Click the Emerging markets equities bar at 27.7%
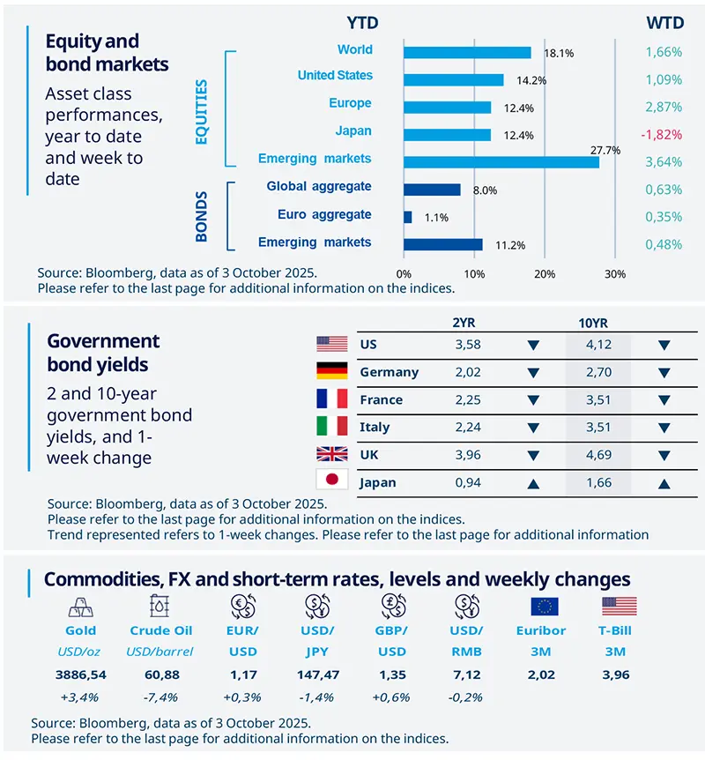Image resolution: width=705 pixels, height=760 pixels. pyautogui.click(x=501, y=162)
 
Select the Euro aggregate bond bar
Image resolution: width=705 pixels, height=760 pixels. pyautogui.click(x=408, y=217)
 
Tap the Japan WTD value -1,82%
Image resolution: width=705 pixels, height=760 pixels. pyautogui.click(x=664, y=132)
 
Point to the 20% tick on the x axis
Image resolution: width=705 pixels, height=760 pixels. pyautogui.click(x=545, y=274)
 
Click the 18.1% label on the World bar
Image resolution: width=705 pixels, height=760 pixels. pyautogui.click(x=559, y=53)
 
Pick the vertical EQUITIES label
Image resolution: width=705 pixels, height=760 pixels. pyautogui.click(x=202, y=112)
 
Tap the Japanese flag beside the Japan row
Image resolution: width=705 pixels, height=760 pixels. pyautogui.click(x=332, y=481)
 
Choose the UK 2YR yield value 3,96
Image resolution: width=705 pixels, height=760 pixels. pyautogui.click(x=467, y=455)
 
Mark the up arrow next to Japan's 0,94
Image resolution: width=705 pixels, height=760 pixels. pyautogui.click(x=531, y=483)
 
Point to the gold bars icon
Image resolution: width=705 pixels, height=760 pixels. pyautogui.click(x=81, y=607)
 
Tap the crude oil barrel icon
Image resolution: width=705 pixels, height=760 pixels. pyautogui.click(x=160, y=607)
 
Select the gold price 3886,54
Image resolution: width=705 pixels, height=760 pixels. pyautogui.click(x=81, y=674)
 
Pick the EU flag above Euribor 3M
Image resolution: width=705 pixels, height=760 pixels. pyautogui.click(x=545, y=607)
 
